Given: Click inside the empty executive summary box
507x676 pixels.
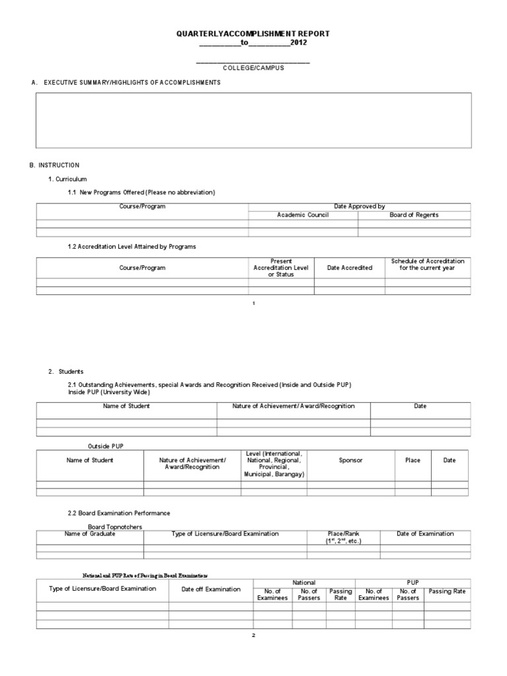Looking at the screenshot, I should point(253,120).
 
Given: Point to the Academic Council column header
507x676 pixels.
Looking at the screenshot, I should point(303,215).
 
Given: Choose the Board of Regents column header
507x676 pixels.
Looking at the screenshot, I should point(414,215).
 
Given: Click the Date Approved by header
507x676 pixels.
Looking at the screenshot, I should point(359,207).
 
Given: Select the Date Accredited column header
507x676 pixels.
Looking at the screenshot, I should point(349,268).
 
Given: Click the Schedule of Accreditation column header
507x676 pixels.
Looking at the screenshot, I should point(427,265).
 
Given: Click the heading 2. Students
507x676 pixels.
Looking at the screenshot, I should point(66,372).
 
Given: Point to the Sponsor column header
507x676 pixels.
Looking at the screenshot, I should point(351,460).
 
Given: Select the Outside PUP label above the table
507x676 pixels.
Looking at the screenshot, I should point(106,446).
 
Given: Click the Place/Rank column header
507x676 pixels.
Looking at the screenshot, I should point(343,537).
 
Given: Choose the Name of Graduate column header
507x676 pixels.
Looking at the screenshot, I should point(90,533).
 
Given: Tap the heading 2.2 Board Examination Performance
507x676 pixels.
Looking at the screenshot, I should point(119,513).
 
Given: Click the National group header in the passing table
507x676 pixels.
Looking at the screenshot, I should point(304,583).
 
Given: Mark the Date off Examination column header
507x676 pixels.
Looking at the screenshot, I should point(211,590).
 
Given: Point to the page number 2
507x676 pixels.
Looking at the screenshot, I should point(253,635).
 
